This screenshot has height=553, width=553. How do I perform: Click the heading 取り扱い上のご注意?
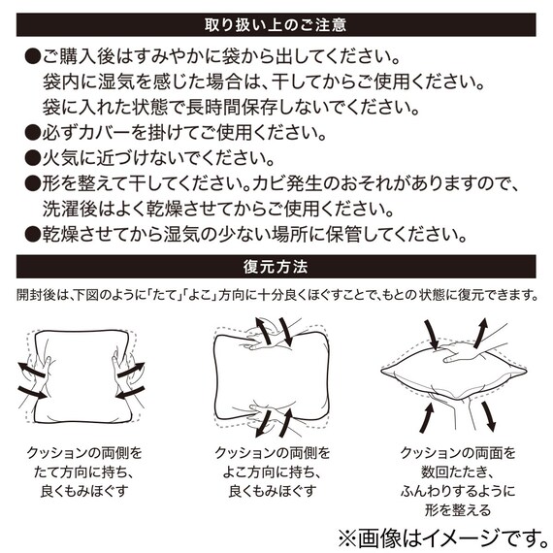[276, 22]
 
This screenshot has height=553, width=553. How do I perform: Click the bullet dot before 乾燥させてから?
[31, 234]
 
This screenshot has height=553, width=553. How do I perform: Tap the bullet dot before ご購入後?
[31, 51]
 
